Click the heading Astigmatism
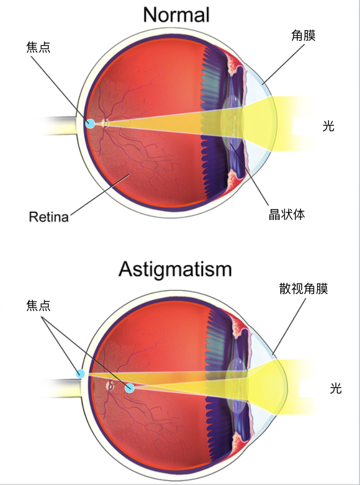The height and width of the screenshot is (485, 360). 175,269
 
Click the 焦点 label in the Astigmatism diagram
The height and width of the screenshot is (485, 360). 38,305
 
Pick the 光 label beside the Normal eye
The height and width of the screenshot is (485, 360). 328,126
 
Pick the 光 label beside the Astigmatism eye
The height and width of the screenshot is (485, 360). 336,388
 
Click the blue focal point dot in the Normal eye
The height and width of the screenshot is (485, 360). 90,123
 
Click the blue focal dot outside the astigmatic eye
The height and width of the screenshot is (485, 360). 80,373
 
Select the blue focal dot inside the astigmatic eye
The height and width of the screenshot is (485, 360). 130,388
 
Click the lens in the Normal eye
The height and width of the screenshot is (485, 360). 232,122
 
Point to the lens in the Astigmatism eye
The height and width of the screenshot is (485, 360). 236,385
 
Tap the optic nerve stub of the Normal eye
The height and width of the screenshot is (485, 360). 54,126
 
